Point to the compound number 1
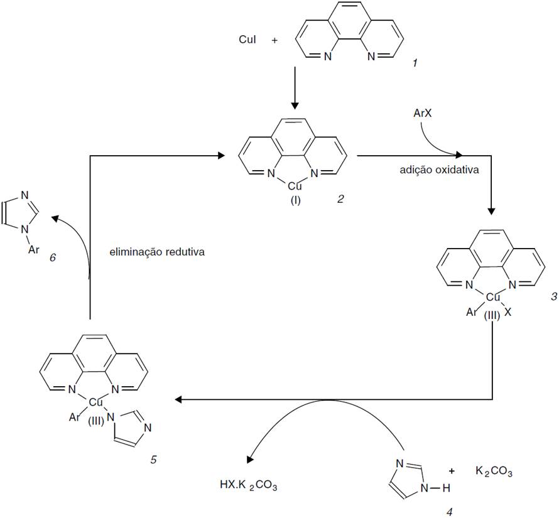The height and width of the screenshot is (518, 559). click(x=415, y=63)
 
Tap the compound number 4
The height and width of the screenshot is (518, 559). click(x=448, y=512)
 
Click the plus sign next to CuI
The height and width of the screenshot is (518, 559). click(x=274, y=41)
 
